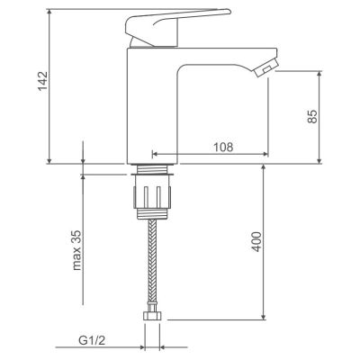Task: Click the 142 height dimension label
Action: pyautogui.click(x=42, y=80)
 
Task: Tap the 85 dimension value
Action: pyautogui.click(x=312, y=116)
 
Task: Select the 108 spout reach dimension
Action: pyautogui.click(x=223, y=147)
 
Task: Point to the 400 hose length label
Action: pyautogui.click(x=256, y=241)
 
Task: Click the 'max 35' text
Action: pyautogui.click(x=77, y=250)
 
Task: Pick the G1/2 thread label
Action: pyautogui.click(x=92, y=340)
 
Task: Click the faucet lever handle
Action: pyautogui.click(x=177, y=28)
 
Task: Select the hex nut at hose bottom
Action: pyautogui.click(x=153, y=316)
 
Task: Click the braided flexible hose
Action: pyautogui.click(x=153, y=264)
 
